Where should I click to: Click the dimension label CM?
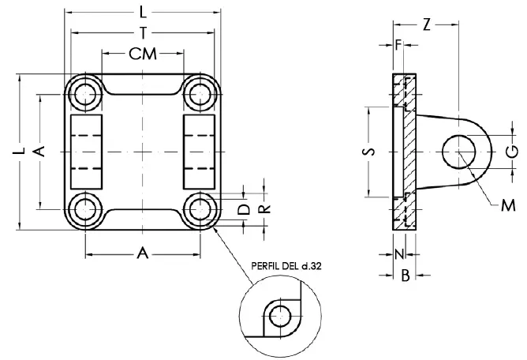[142, 54]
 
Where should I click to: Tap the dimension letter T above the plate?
[142, 33]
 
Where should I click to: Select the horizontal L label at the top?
[142, 13]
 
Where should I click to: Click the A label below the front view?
[142, 253]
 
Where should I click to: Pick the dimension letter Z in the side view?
[426, 24]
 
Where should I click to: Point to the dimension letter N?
[398, 254]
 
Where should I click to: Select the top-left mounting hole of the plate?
[84, 94]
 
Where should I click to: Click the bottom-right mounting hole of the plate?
[199, 210]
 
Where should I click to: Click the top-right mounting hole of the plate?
[199, 94]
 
